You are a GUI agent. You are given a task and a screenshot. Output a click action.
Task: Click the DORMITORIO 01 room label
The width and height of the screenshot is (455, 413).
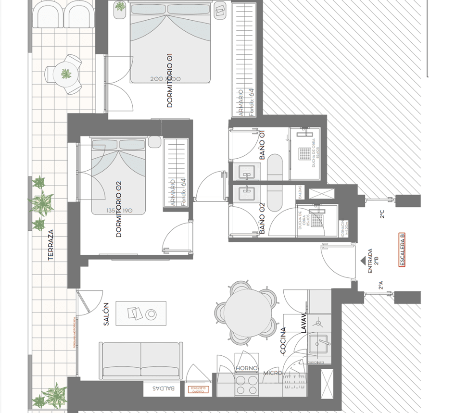pos(169,80)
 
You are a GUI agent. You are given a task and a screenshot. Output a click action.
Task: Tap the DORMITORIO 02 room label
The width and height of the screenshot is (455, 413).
pos(119,209)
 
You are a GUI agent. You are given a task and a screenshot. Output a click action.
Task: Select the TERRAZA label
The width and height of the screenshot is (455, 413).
pos(51,245)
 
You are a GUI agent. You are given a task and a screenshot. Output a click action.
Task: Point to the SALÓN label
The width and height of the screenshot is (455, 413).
pos(106,314)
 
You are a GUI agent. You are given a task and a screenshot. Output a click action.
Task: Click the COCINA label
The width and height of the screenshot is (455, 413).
pos(283,340)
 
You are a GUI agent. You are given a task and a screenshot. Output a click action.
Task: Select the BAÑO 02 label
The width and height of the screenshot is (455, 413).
pos(263,219)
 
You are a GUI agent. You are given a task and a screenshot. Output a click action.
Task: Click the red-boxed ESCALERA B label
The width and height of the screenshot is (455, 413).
pos(402,250)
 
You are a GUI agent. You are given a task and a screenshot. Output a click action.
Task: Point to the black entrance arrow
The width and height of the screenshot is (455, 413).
pos(363,260)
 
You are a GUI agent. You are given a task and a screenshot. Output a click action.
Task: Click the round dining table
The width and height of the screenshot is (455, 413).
pos(246,312)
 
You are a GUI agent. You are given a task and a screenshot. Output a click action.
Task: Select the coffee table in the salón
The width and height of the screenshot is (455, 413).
pos(141,313)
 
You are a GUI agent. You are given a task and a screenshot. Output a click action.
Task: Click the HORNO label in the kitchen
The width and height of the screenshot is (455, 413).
pos(247,368)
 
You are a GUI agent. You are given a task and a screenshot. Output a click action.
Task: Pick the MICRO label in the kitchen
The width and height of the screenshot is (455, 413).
pos(272,373)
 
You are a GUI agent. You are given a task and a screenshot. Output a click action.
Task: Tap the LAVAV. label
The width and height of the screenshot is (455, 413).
pos(303,323)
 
